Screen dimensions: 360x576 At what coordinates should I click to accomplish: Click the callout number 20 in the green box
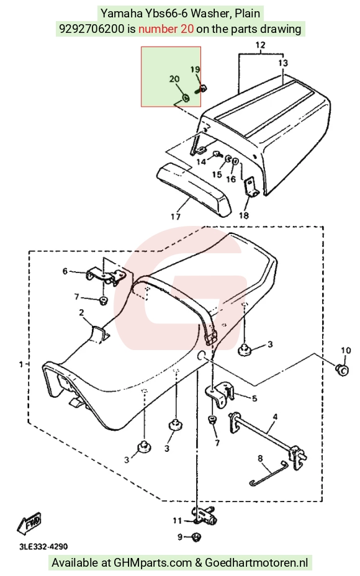tap(174, 79)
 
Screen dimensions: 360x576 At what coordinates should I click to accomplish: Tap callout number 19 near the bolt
tap(195, 70)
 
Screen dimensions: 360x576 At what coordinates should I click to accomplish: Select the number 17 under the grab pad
tap(176, 217)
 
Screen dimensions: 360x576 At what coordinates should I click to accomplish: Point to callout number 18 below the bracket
tap(244, 215)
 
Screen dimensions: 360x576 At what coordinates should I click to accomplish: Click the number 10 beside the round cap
tap(346, 351)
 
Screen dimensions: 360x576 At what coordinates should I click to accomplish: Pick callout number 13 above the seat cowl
tap(283, 63)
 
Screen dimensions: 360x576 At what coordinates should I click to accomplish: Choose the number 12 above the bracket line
tap(260, 45)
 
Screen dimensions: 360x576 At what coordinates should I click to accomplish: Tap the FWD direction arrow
tap(29, 523)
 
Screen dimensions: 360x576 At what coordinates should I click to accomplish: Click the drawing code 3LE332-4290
tap(43, 547)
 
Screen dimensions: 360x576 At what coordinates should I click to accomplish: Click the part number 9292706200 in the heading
tap(91, 29)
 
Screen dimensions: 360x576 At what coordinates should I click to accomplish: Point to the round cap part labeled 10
tap(343, 369)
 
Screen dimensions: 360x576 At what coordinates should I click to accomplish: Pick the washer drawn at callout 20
tap(186, 98)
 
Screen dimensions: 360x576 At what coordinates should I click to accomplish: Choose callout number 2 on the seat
tap(81, 313)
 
